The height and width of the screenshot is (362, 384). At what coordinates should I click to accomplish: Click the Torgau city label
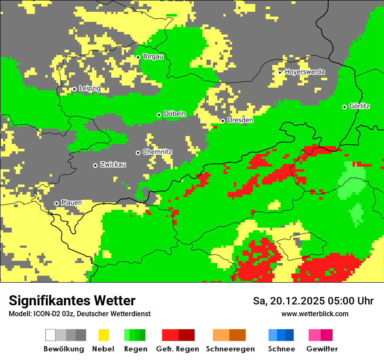153,57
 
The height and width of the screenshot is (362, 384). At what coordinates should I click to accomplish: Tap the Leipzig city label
90,89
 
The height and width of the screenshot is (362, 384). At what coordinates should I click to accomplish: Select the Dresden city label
240,120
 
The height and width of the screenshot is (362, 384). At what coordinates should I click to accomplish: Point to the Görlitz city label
360,106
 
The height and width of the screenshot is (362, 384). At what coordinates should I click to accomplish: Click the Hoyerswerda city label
305,72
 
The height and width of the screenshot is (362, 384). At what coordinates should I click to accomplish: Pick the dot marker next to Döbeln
159,115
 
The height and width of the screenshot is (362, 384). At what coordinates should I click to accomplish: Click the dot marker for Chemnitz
138,153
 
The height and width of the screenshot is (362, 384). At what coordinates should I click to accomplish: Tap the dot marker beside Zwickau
95,165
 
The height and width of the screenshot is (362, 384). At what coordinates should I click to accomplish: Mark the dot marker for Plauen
56,203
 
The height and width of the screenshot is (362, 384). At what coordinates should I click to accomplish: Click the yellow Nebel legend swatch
103,335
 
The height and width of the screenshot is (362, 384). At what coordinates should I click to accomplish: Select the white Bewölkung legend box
51,335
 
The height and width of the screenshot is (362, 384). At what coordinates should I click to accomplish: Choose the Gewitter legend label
322,349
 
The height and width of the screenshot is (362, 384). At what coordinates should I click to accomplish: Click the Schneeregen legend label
230,349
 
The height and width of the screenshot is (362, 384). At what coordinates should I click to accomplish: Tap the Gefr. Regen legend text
178,349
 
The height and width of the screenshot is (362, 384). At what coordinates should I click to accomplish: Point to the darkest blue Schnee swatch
290,335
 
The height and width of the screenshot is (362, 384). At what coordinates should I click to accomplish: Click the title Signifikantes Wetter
72,301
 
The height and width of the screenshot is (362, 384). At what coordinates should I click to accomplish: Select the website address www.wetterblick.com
315,314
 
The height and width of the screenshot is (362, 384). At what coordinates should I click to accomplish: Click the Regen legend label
135,349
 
